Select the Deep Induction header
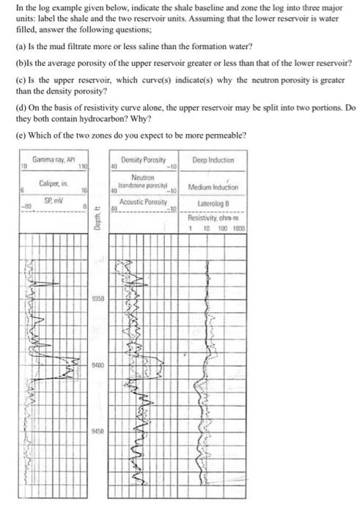pyautogui.click(x=213, y=160)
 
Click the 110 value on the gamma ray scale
pyautogui.click(x=82, y=168)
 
